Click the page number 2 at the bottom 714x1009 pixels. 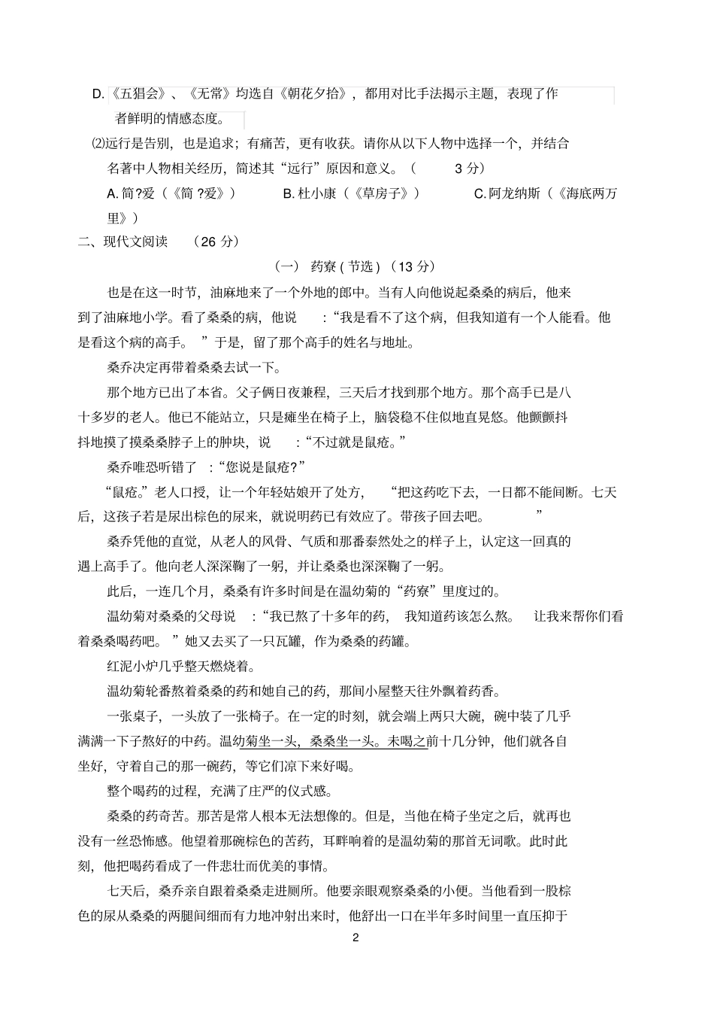tap(356, 938)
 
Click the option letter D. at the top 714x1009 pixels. tap(98, 94)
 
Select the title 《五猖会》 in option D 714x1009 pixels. tap(138, 94)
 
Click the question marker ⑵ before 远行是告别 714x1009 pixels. tap(98, 144)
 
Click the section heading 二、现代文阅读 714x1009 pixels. tap(123, 242)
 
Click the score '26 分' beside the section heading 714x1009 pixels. tap(215, 242)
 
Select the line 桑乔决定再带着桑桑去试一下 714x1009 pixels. tap(194, 367)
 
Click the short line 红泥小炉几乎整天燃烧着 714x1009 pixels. tap(183, 667)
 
